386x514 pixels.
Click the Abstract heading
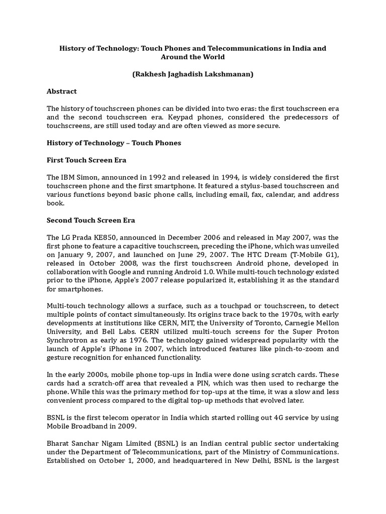point(62,91)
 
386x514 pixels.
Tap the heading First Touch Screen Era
point(86,160)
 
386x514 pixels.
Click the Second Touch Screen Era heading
point(91,220)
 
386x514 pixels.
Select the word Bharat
point(59,444)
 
